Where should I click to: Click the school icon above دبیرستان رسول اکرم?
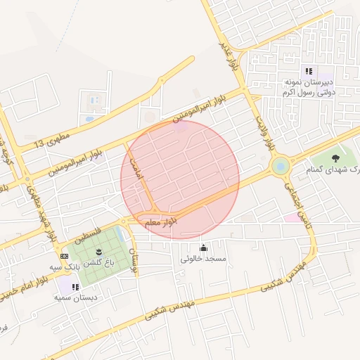coord(308,71)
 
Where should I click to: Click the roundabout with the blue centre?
coord(281,167)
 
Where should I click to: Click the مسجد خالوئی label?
coord(203,259)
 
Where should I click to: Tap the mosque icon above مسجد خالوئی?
coord(203,247)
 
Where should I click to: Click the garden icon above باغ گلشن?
coord(98,252)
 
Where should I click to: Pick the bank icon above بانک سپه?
coord(65,256)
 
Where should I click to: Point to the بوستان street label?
coord(135,259)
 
